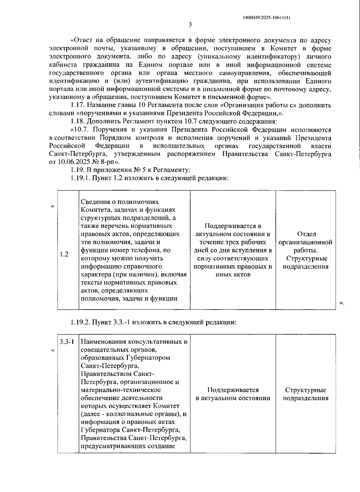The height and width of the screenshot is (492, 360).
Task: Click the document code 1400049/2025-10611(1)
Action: click(x=266, y=18)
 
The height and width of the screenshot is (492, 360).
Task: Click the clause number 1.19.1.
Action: click(x=80, y=178)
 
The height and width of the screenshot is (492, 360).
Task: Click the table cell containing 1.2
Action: click(x=64, y=254)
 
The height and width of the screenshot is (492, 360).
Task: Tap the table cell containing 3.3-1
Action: click(x=67, y=342)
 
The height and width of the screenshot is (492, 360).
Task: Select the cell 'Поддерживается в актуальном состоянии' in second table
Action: click(x=233, y=394)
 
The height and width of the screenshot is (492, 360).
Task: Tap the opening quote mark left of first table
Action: click(x=53, y=206)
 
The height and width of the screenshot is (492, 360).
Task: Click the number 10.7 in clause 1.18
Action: click(x=189, y=121)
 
